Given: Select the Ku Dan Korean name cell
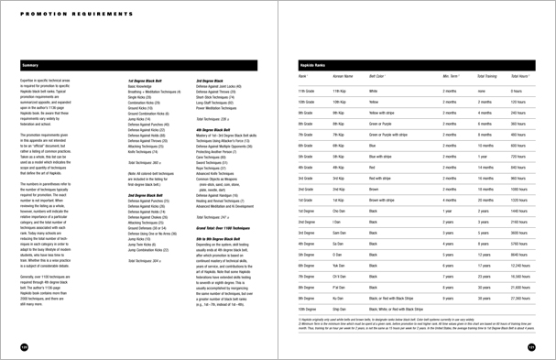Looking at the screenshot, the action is pos(338,298).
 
